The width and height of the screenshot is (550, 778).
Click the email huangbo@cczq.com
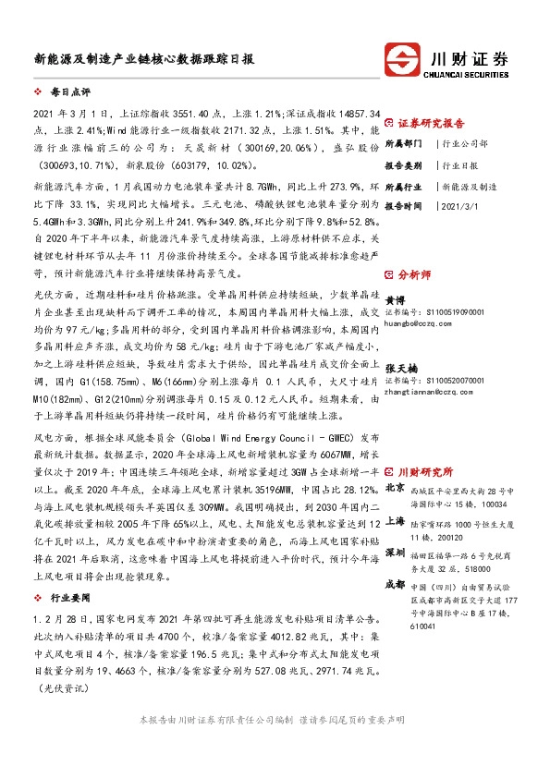[416, 323]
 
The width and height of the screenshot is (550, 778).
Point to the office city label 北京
[395, 487]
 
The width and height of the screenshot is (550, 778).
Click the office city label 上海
[395, 520]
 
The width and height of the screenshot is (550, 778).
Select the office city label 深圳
[395, 553]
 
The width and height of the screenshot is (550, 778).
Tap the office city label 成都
[395, 584]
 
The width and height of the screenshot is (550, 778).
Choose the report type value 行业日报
[461, 164]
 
